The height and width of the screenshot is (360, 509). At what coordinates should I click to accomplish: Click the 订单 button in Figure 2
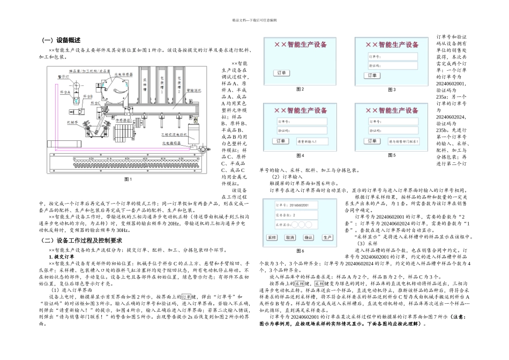(x=280, y=72)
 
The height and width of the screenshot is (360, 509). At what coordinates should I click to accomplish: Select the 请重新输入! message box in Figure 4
(x=307, y=141)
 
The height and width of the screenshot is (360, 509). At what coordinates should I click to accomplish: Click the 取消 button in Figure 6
(x=289, y=236)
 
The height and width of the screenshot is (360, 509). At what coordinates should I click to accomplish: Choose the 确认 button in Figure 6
(x=308, y=236)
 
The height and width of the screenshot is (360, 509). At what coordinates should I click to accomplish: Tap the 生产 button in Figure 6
(x=326, y=236)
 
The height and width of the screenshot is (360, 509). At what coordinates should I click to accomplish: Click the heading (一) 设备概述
(x=62, y=40)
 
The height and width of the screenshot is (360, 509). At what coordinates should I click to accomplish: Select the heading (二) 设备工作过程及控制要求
(x=83, y=240)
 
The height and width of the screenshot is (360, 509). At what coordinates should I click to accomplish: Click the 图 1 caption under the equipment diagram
(x=128, y=178)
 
